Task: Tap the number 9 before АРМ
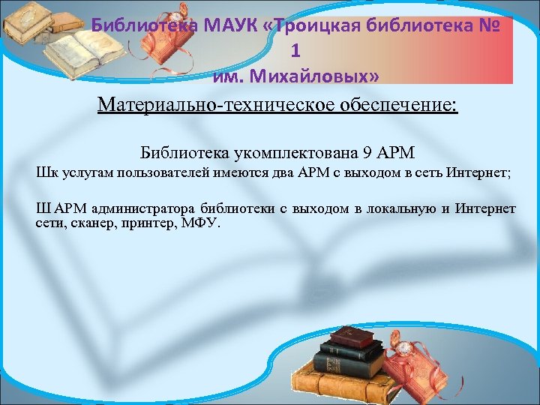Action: pos(366,153)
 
